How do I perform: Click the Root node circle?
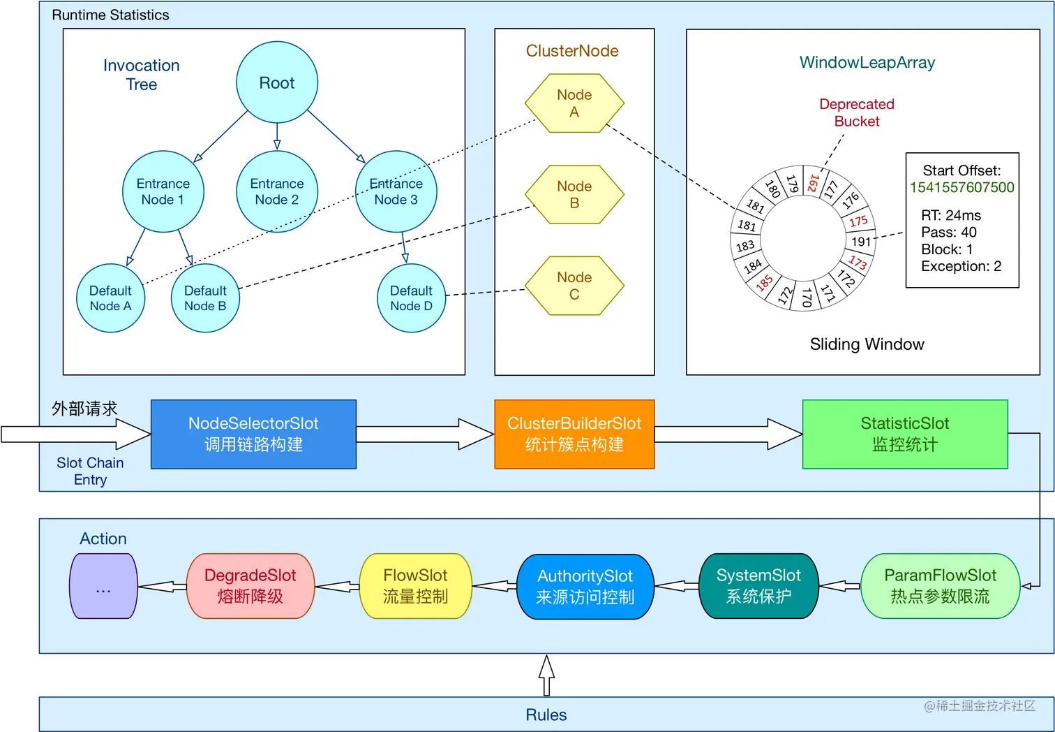[x=277, y=82]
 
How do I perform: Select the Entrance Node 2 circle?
[x=277, y=191]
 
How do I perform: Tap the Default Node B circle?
[x=205, y=298]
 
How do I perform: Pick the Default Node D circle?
[x=411, y=298]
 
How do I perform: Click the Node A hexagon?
[x=574, y=103]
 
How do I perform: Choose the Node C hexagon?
[x=574, y=286]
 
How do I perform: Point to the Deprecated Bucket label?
[x=856, y=112]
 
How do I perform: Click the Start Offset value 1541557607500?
[x=962, y=187]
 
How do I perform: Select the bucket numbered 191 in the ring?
[x=861, y=242]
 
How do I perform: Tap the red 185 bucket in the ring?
[x=765, y=283]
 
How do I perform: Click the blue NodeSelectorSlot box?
[x=253, y=434]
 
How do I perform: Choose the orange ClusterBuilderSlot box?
[x=574, y=434]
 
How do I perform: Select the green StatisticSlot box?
[x=904, y=434]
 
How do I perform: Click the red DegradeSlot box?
[x=250, y=586]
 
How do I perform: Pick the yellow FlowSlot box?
[x=415, y=586]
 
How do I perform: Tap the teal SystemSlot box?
[x=758, y=586]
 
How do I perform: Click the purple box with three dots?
[x=103, y=586]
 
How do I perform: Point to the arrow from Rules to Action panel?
[x=547, y=675]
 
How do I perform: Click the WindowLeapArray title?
[x=867, y=63]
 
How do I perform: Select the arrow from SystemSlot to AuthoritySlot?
[x=676, y=587]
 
